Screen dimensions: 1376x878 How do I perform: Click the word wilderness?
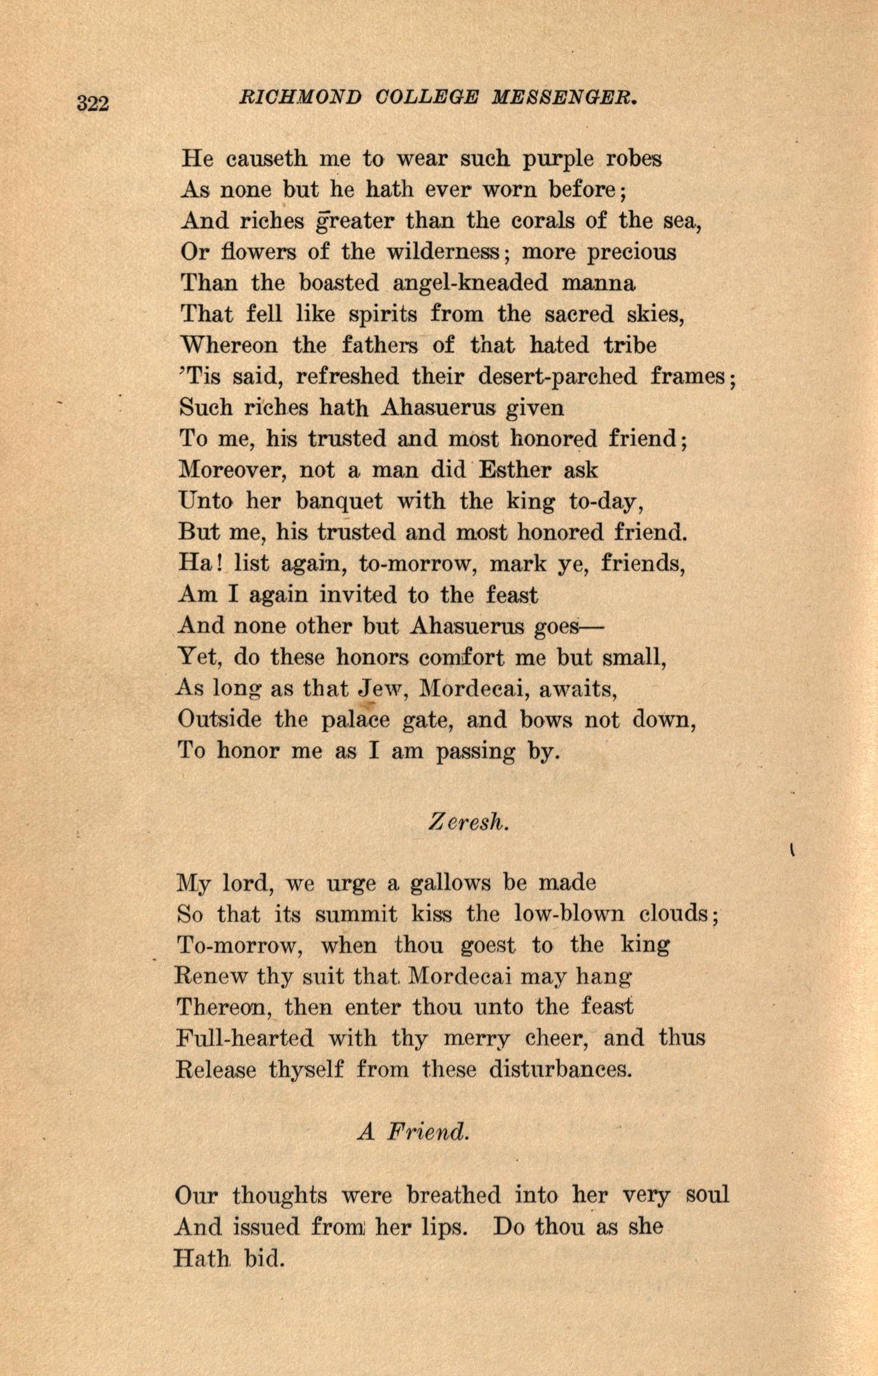(445, 252)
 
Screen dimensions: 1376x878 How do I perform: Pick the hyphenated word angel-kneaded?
(470, 283)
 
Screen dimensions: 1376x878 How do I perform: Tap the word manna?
(599, 283)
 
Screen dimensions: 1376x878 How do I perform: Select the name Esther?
(514, 470)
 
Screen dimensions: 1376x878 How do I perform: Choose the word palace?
(355, 721)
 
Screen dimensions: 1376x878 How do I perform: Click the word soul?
(707, 1195)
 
